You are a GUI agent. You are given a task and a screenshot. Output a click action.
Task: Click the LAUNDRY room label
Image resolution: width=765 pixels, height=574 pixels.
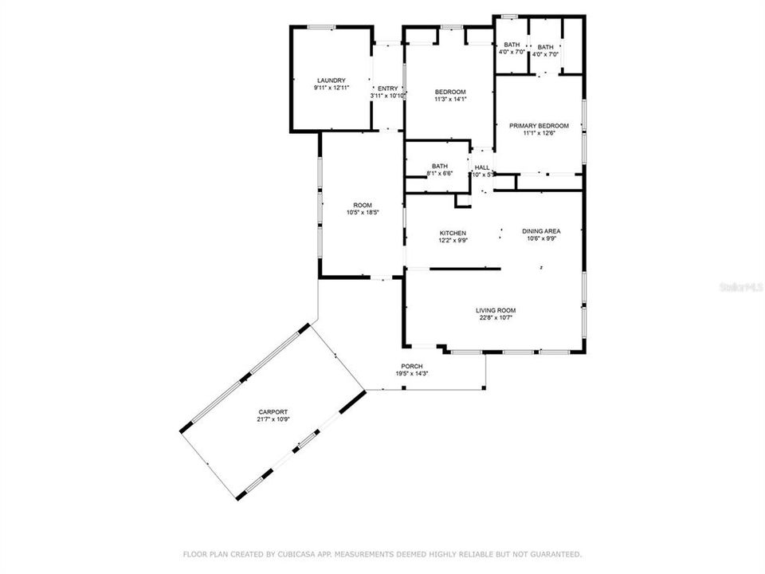331,81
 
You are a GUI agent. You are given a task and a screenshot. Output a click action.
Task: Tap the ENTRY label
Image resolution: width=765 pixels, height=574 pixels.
388,88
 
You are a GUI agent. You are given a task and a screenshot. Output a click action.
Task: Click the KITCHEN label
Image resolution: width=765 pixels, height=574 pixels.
452,233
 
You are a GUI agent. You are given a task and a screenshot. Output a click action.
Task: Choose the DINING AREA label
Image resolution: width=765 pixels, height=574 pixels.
541,231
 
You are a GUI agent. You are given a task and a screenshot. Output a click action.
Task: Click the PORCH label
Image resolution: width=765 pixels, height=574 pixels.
412,367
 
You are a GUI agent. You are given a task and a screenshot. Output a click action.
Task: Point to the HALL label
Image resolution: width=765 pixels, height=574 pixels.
481,167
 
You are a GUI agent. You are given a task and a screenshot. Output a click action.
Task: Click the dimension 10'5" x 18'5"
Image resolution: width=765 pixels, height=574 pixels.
362,213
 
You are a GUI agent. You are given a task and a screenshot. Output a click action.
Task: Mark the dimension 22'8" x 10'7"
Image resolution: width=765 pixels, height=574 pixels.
495,317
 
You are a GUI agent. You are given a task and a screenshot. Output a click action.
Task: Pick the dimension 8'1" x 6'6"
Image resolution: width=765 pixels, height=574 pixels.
439,173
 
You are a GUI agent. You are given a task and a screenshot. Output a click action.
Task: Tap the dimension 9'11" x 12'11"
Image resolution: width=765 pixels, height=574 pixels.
331,88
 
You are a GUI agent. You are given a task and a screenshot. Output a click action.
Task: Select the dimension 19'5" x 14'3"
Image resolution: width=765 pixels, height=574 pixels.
412,374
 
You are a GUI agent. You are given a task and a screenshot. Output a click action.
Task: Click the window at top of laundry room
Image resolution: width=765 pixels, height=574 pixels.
321,27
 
